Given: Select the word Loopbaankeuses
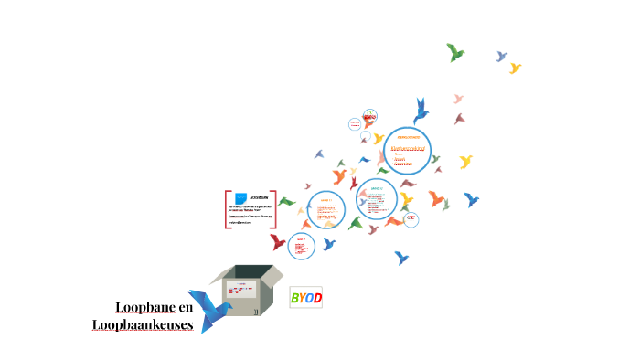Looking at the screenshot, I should click(143, 324).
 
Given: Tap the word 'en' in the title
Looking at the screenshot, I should click(187, 307).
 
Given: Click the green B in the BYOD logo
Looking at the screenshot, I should click(294, 299).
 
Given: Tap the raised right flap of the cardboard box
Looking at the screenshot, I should click(272, 274).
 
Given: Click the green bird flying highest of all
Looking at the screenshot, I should click(455, 52).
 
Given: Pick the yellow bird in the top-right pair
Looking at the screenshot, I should click(515, 68).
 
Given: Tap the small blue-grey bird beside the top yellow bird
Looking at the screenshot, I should click(501, 57).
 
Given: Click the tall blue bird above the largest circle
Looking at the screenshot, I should click(421, 111).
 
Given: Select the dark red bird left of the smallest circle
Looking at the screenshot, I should click(278, 242).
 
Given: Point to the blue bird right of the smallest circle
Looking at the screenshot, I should click(329, 244).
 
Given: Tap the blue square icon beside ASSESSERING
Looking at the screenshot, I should click(240, 198).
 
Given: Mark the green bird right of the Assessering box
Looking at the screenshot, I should click(287, 202).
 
